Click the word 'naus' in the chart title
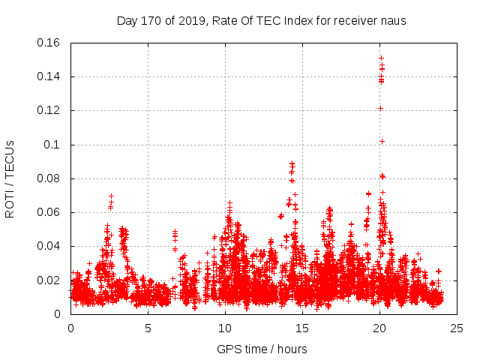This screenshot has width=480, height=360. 393,21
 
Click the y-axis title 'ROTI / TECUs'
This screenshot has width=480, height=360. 10,178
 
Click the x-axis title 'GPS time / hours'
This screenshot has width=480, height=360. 262,349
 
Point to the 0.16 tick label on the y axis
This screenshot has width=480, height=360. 49,43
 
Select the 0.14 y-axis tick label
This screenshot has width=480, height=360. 49,76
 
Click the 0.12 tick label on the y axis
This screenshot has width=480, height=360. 49,110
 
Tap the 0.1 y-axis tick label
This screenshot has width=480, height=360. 52,145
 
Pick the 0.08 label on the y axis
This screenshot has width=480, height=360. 49,178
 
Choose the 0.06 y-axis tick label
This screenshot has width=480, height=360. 49,212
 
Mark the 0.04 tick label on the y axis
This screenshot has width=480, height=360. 49,246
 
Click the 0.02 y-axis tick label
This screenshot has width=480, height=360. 49,280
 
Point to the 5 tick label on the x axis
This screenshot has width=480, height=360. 148,328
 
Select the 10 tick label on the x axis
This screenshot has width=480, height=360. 225,328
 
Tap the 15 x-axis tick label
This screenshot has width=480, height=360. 302,328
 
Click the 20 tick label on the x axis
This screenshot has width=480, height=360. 379,328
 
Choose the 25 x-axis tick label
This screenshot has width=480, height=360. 457,328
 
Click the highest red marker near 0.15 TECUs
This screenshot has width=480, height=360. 381,58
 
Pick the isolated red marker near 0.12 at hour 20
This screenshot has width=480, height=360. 380,108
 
